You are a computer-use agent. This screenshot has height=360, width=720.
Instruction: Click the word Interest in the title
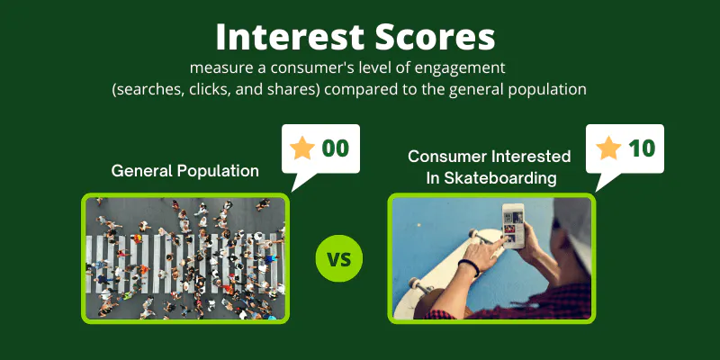pyautogui.click(x=291, y=37)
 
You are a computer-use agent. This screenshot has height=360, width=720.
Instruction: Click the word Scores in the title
pyautogui.click(x=436, y=37)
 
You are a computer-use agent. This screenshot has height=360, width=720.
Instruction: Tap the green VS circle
pyautogui.click(x=339, y=258)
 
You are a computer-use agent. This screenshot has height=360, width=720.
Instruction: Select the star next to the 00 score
pyautogui.click(x=302, y=148)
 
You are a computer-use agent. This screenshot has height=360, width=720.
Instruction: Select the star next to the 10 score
pyautogui.click(x=608, y=148)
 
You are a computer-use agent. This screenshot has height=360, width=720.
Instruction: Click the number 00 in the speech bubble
pyautogui.click(x=336, y=148)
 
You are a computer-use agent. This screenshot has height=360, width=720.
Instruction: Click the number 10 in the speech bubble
pyautogui.click(x=642, y=148)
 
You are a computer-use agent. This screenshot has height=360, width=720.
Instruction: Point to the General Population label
pyautogui.click(x=185, y=171)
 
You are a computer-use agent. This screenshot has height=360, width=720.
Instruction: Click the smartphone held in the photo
pyautogui.click(x=513, y=226)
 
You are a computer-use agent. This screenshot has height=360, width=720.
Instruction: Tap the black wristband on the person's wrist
pyautogui.click(x=468, y=267)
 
